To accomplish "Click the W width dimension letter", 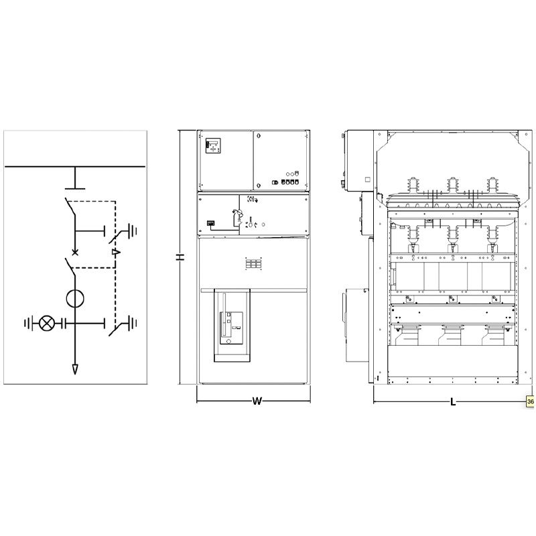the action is [257, 401].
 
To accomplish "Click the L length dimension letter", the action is [453, 402].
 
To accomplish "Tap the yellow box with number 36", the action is [530, 401].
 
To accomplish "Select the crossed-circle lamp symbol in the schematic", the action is [46, 323].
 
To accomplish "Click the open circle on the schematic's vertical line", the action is [75, 298].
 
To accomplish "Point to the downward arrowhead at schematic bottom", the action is [75, 369].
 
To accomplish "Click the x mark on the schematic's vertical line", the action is [75, 253].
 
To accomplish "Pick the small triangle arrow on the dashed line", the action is [116, 253].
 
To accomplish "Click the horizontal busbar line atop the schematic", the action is [75, 167].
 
